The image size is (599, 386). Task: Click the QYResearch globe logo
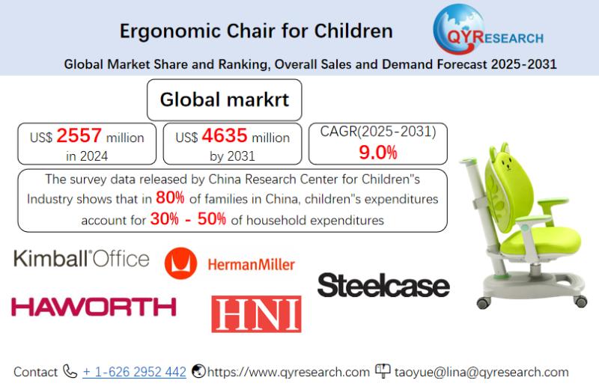(x=487, y=30)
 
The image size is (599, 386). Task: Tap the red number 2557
(x=79, y=135)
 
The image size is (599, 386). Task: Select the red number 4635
(x=225, y=135)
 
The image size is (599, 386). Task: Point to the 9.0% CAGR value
(x=378, y=153)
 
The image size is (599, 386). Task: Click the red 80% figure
(x=170, y=197)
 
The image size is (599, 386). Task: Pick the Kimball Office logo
(x=82, y=259)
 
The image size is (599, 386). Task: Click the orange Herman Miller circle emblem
(x=180, y=263)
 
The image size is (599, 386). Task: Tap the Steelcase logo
(x=383, y=285)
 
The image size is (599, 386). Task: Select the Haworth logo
(x=94, y=307)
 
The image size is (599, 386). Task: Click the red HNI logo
(x=256, y=314)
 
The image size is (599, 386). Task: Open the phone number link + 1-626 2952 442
(x=134, y=372)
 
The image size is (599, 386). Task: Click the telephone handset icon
(x=70, y=371)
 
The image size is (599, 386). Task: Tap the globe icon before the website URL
(x=198, y=371)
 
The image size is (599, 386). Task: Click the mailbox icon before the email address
(x=383, y=370)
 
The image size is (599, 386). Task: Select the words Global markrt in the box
(x=225, y=99)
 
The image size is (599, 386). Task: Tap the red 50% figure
(x=212, y=218)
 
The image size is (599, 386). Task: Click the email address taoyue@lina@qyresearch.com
(x=481, y=372)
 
